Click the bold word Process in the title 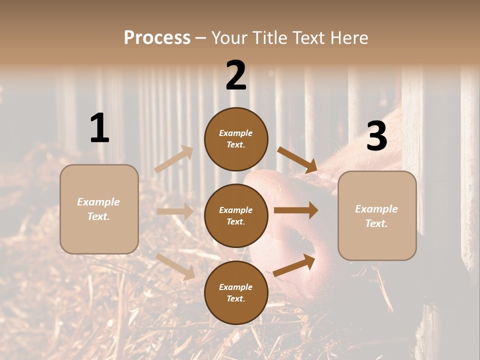tap(157, 37)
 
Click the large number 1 tap(99, 128)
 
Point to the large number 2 tap(236, 75)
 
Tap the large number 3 tap(376, 136)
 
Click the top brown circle tap(236, 139)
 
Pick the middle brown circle tap(236, 215)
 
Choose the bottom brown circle tap(236, 292)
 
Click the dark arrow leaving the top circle tap(297, 160)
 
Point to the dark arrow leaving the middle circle tap(296, 210)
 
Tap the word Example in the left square tap(98, 202)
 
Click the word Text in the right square tap(376, 223)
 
